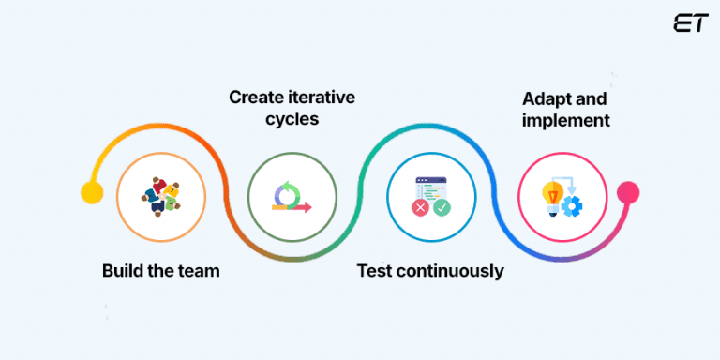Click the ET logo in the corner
[x=690, y=23]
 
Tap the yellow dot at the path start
[x=92, y=193]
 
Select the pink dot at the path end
[x=628, y=193]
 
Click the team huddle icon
[x=160, y=195]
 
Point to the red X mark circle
[x=421, y=207]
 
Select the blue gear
[x=571, y=206]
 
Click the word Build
[x=124, y=271]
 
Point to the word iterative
[x=321, y=97]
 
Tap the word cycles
[x=292, y=119]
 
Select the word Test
[x=375, y=271]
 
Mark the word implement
[x=566, y=120]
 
